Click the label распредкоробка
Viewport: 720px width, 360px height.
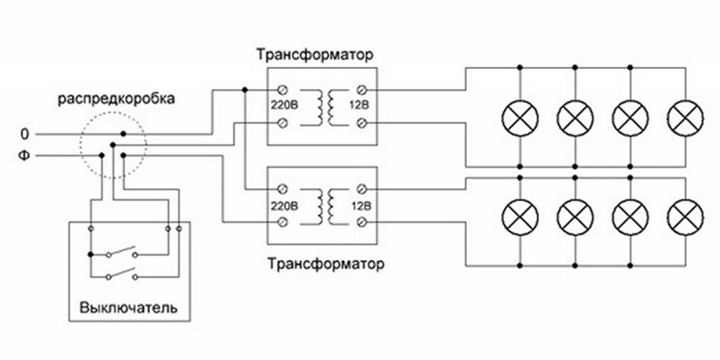click(115, 98)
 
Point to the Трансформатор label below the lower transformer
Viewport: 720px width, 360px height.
click(325, 262)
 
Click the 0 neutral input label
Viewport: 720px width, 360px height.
click(25, 134)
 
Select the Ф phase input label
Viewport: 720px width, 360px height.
click(25, 155)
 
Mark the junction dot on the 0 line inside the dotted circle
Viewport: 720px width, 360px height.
click(123, 134)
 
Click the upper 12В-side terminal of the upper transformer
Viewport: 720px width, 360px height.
click(363, 89)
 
